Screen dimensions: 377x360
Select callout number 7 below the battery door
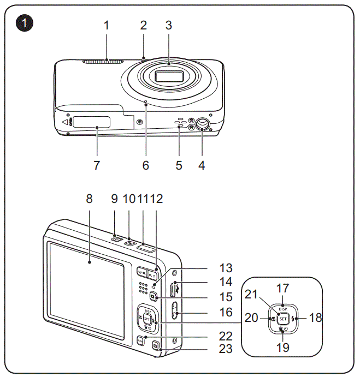click(x=97, y=165)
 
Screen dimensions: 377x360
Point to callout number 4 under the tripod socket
click(x=202, y=165)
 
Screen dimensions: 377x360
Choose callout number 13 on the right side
click(x=226, y=268)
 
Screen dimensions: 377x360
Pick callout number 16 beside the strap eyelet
click(x=226, y=312)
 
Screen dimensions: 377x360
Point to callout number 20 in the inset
click(x=252, y=318)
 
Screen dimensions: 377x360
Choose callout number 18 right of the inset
click(x=315, y=318)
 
